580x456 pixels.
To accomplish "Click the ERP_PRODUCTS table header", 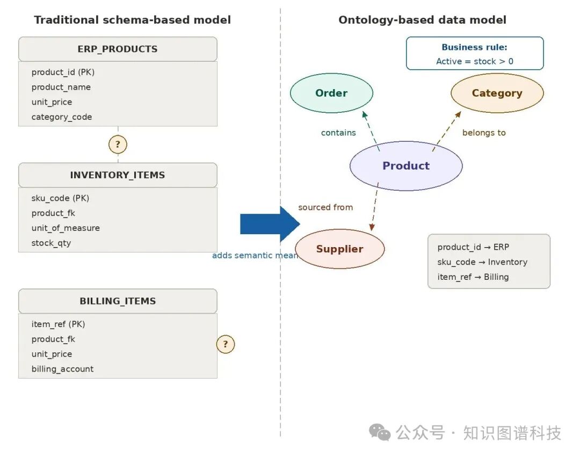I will click(118, 49).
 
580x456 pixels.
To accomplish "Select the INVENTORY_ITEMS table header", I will click(118, 175).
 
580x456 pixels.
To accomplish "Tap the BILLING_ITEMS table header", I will click(118, 301).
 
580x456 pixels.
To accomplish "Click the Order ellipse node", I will click(331, 93).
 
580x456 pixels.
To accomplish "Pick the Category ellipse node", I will click(497, 93).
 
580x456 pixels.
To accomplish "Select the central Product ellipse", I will click(406, 166).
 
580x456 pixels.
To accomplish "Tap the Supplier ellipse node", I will click(339, 249).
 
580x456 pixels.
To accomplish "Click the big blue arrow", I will click(269, 224).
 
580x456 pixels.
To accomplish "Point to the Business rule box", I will click(475, 54).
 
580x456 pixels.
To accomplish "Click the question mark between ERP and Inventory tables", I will click(118, 144).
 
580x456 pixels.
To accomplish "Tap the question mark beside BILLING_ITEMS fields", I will click(226, 344).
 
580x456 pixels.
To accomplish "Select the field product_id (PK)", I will click(63, 72).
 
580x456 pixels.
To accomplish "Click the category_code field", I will click(62, 117).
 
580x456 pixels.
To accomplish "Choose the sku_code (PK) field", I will click(60, 198).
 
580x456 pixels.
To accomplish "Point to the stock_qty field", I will click(51, 243).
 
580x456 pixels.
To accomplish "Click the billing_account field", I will click(62, 370).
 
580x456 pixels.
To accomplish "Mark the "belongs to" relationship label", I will click(484, 133).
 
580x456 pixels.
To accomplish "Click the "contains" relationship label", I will click(338, 133).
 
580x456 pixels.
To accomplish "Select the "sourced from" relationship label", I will click(325, 207).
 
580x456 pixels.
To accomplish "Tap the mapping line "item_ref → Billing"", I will click(473, 277).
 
